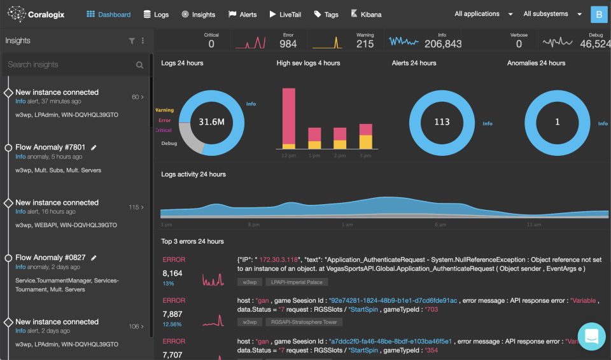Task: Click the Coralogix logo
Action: point(37,14)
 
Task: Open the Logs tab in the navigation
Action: point(156,15)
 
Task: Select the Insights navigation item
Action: point(198,15)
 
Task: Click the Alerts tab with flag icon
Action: point(242,15)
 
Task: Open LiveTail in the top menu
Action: point(285,15)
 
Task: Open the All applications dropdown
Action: point(484,14)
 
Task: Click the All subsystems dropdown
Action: point(552,14)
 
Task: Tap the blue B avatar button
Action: point(599,14)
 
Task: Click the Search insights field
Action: point(70,64)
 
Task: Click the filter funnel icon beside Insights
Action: point(132,41)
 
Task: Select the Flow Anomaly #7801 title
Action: point(50,148)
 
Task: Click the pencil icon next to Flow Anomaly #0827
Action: point(94,258)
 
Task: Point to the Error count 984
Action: point(288,44)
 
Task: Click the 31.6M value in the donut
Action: point(211,121)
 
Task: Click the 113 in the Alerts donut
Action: point(442,122)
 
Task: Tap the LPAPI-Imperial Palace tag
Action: point(297,282)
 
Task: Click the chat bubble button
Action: point(591,336)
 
